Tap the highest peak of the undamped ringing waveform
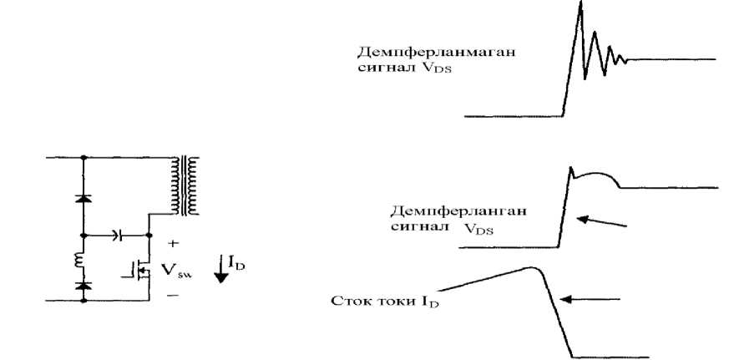click(x=579, y=5)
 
